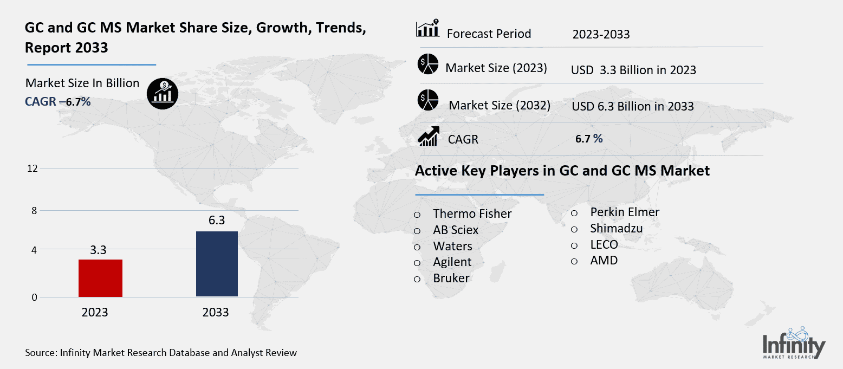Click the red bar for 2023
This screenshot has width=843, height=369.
point(100,278)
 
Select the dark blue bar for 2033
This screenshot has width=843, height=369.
point(217,264)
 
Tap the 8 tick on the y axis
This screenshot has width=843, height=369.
point(34,211)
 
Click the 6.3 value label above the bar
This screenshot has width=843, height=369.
point(216,221)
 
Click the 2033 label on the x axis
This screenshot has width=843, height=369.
point(216,313)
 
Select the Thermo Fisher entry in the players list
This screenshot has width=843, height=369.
point(472,214)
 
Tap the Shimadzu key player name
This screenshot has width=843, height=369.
point(616,228)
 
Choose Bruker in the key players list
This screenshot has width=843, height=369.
point(451,279)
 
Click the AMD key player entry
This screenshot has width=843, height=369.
point(604,261)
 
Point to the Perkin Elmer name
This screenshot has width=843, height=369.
point(624,212)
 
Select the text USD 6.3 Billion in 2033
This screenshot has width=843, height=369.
point(632,107)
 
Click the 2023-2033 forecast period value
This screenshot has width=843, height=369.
point(601,35)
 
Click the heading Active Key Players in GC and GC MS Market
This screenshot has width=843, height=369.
point(562,171)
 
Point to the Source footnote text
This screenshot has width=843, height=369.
point(161,353)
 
